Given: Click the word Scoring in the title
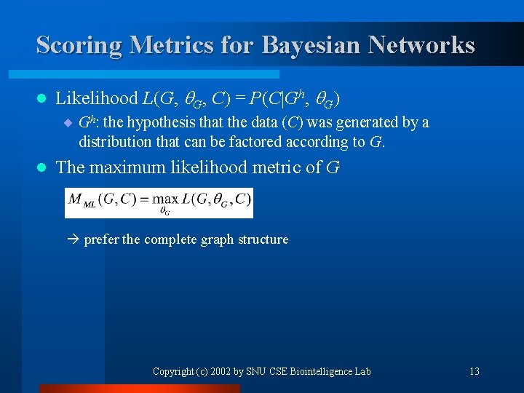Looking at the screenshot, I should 79,45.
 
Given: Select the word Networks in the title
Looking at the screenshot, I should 421,45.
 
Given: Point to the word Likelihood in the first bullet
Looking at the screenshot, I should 97,98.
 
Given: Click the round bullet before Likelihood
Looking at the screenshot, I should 41,98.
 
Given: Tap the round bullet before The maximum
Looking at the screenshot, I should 41,167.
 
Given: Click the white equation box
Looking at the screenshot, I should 159,202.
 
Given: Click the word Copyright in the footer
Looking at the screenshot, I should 172,371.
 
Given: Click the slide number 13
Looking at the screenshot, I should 475,371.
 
